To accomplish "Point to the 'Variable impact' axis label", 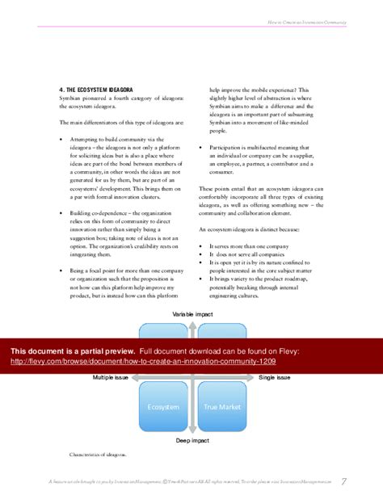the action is point(191,312).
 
